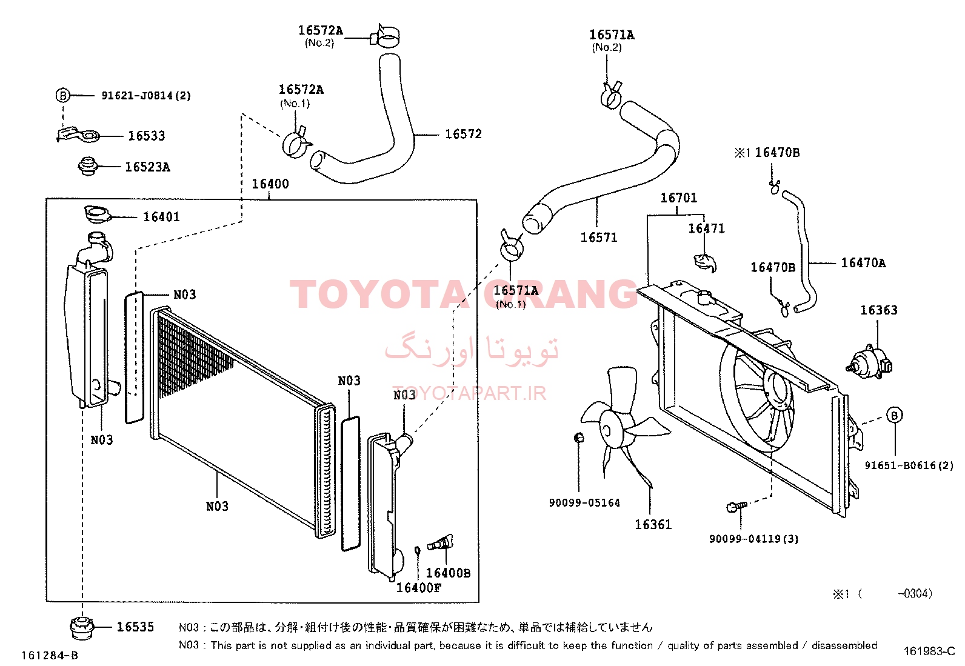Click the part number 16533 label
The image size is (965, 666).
click(147, 136)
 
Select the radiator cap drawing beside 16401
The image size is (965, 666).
click(98, 215)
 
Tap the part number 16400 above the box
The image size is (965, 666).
click(270, 184)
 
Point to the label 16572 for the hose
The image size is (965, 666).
click(463, 134)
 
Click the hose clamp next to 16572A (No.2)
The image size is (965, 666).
click(384, 35)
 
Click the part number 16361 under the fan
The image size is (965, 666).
click(653, 524)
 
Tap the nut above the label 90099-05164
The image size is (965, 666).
click(578, 438)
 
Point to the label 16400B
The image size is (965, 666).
click(448, 573)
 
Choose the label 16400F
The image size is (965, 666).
click(419, 588)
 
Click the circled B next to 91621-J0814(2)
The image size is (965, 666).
click(62, 95)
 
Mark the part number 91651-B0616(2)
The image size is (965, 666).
click(909, 465)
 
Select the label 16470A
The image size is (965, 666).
click(863, 263)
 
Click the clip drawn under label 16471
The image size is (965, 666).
click(705, 263)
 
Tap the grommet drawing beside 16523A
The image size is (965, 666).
click(88, 166)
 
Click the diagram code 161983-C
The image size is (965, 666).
click(929, 651)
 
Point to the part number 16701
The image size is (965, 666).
click(678, 198)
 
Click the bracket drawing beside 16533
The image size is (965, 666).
click(78, 135)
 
